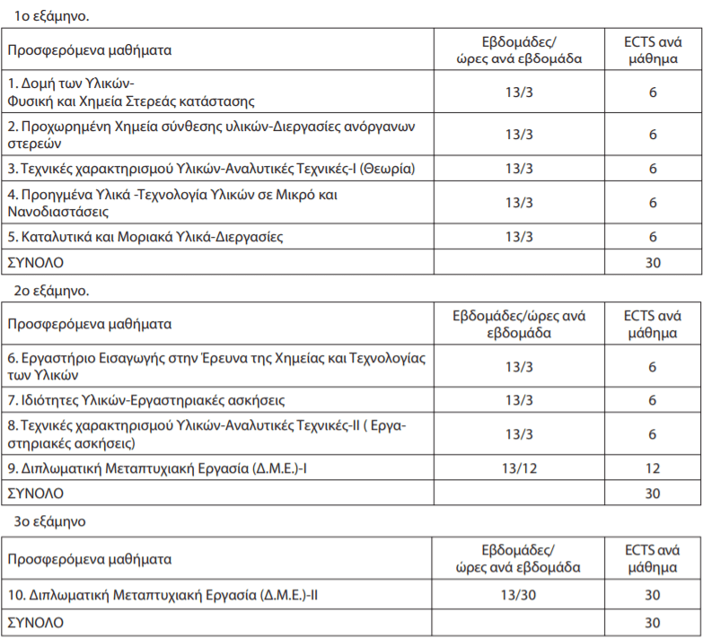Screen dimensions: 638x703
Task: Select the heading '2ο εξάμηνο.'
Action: pyautogui.click(x=52, y=291)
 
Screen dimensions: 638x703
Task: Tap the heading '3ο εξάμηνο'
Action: pyautogui.click(x=50, y=520)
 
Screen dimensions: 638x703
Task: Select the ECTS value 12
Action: pyautogui.click(x=653, y=468)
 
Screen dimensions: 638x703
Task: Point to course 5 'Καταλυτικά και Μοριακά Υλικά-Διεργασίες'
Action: pyautogui.click(x=145, y=237)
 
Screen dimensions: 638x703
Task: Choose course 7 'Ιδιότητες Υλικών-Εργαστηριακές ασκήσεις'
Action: pyautogui.click(x=146, y=399)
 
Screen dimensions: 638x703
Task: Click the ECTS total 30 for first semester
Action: pyautogui.click(x=653, y=262)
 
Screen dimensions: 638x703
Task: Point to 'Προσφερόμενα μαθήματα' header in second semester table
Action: pyautogui.click(x=89, y=324)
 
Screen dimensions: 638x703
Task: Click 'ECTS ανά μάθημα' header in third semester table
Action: pyautogui.click(x=653, y=558)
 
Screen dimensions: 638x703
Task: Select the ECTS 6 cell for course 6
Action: pyautogui.click(x=653, y=366)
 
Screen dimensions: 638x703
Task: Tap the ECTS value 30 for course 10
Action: pyautogui.click(x=653, y=594)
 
